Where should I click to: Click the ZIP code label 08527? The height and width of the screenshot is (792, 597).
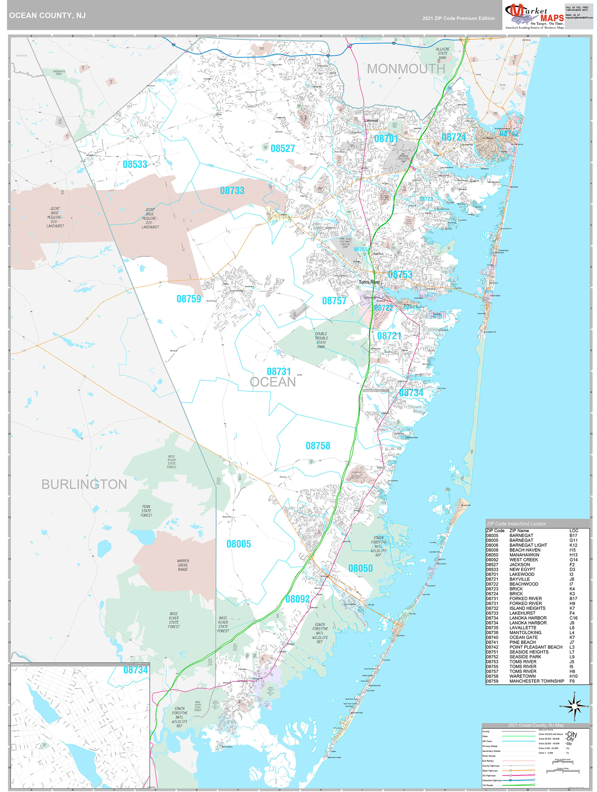(283, 149)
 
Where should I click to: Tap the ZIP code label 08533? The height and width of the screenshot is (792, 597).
(135, 164)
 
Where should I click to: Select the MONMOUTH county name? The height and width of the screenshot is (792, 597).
(406, 69)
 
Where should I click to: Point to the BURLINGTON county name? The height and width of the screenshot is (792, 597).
(84, 484)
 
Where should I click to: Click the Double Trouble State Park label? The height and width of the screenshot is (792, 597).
(321, 340)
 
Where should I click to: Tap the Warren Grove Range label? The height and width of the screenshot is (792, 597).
(183, 565)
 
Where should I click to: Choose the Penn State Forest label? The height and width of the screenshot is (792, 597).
(146, 511)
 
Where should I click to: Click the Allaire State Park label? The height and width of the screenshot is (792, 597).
(442, 53)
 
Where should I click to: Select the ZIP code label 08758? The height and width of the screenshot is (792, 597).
(318, 446)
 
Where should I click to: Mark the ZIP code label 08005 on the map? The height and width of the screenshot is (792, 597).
(238, 544)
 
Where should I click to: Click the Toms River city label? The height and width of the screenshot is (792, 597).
(369, 282)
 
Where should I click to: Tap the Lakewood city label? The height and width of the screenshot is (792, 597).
(371, 120)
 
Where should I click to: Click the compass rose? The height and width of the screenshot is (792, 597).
(574, 706)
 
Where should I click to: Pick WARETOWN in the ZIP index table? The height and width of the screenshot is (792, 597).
(522, 676)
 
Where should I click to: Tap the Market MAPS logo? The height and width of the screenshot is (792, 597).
(534, 16)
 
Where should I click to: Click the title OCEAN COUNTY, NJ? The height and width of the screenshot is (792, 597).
(47, 16)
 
